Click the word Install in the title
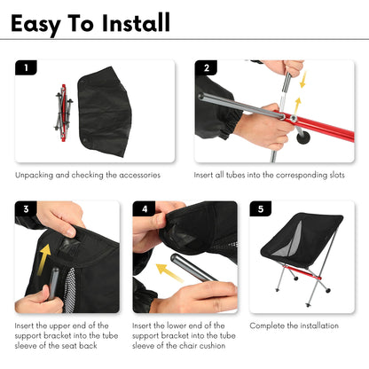(137, 22)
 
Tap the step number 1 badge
(26, 67)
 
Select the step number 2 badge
(206, 67)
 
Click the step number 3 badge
(26, 208)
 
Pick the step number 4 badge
(145, 208)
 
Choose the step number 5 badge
(261, 208)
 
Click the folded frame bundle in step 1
(64, 113)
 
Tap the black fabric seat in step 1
(104, 112)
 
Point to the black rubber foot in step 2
(303, 137)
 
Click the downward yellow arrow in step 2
(302, 80)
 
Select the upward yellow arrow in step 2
(297, 106)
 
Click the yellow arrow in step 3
(43, 259)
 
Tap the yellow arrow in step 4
(169, 272)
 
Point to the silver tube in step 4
(193, 268)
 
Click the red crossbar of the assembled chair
(302, 272)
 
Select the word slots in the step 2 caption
(337, 175)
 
